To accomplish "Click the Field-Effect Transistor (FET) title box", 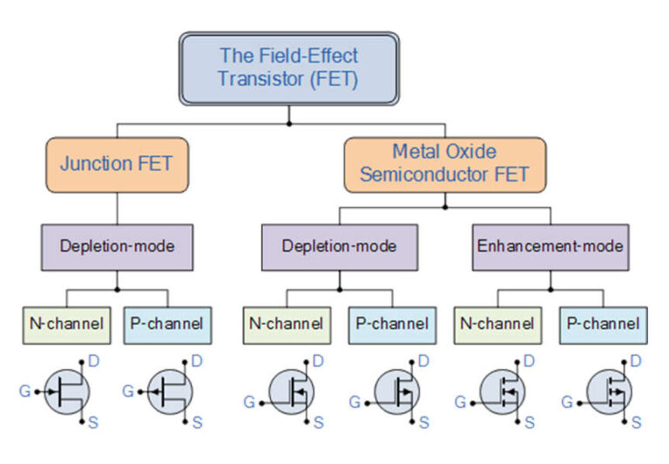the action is (x=289, y=68).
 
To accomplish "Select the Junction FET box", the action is (x=118, y=165).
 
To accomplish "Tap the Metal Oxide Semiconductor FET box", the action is (x=445, y=165).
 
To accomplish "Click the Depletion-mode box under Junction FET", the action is (x=118, y=247).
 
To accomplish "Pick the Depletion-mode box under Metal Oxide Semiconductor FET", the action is (x=340, y=247).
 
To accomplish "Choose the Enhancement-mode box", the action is (x=551, y=247).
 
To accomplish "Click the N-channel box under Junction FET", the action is (x=66, y=326).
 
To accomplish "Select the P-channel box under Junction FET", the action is (x=167, y=326).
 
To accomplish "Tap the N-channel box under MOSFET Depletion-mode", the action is (x=287, y=326).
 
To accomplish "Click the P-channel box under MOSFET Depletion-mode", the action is (x=393, y=326).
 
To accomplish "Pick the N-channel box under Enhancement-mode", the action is (x=498, y=326).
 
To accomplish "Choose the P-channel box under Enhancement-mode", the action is (x=604, y=326).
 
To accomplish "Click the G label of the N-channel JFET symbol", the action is (x=24, y=391).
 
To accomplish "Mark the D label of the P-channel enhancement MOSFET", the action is (x=636, y=361).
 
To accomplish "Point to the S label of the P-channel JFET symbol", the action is (x=197, y=422).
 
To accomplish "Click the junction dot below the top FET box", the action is (x=289, y=124).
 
